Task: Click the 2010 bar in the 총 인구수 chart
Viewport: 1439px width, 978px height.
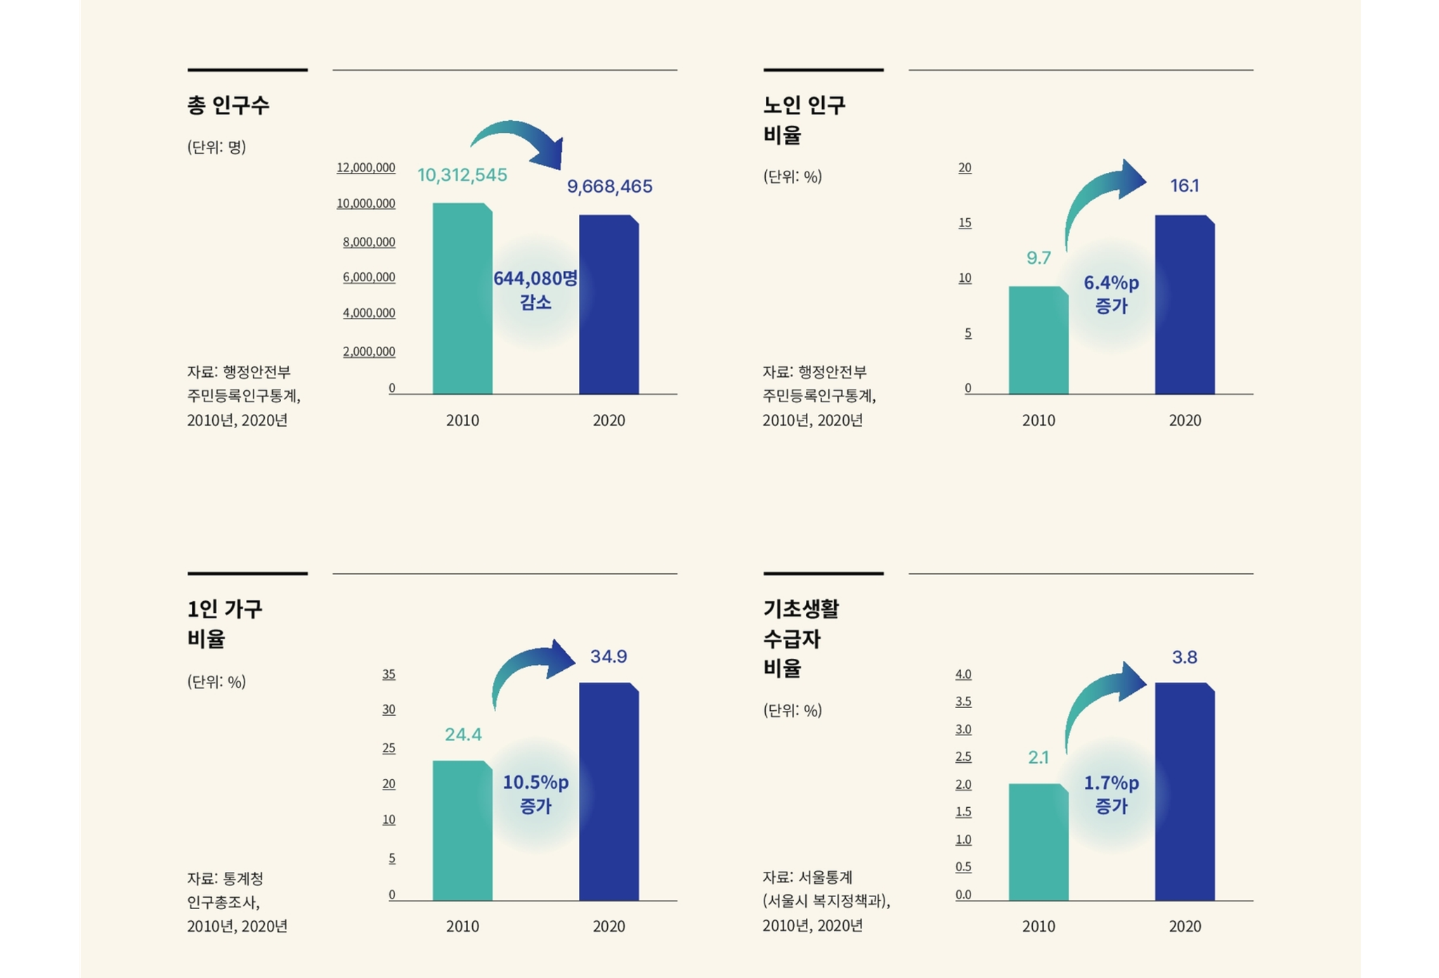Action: [462, 299]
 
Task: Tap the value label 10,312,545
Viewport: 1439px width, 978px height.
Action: [462, 174]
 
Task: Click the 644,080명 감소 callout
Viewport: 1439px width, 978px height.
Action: [535, 290]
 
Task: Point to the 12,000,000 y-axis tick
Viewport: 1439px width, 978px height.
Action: [365, 167]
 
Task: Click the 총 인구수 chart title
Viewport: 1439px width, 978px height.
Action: [228, 105]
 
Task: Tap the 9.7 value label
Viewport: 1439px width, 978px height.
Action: [1038, 257]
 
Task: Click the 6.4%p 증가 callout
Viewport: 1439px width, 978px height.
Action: [1111, 294]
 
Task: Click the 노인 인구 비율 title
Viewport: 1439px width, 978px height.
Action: [804, 120]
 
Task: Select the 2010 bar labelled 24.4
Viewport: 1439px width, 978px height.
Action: [462, 830]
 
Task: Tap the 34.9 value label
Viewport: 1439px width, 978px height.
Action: [608, 656]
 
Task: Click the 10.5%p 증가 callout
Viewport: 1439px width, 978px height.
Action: [535, 793]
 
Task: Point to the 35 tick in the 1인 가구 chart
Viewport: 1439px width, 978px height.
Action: [389, 674]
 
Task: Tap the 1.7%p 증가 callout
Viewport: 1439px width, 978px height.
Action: [1111, 794]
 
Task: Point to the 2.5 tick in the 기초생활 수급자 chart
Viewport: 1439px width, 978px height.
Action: [963, 757]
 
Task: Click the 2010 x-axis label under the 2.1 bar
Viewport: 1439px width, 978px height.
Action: [1038, 926]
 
